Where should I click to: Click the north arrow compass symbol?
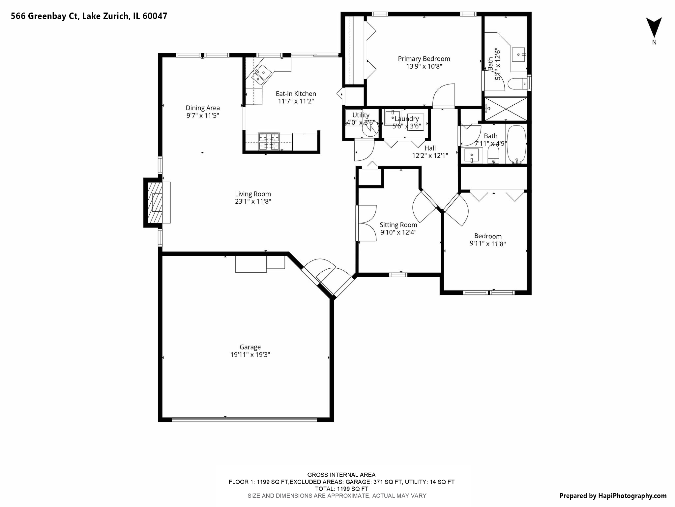click(654, 28)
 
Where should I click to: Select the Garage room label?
click(250, 347)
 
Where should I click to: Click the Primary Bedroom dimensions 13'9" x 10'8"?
click(424, 66)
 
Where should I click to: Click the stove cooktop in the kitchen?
click(269, 142)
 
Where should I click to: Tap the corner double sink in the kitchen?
click(261, 75)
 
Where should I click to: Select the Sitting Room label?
click(398, 225)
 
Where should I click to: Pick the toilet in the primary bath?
click(516, 84)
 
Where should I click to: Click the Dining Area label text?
click(203, 108)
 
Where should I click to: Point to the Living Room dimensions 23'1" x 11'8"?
click(253, 201)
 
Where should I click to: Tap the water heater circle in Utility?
click(369, 128)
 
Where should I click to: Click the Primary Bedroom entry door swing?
click(444, 96)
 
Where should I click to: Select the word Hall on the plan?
click(430, 148)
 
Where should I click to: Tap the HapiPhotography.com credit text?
click(613, 496)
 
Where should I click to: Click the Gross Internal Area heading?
click(341, 475)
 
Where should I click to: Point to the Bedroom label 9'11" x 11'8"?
click(487, 244)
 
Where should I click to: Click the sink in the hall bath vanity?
click(472, 155)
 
